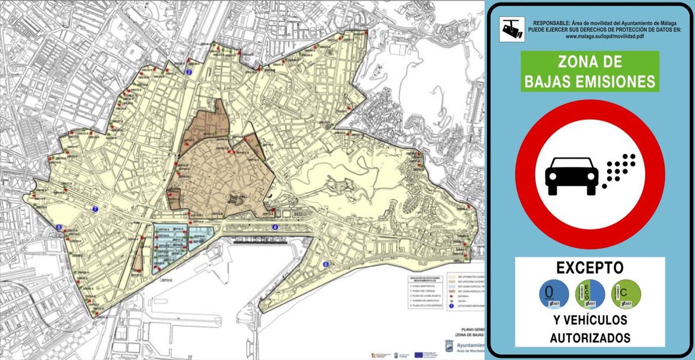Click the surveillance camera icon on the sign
pyautogui.click(x=511, y=29)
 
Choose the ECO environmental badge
pyautogui.click(x=590, y=294)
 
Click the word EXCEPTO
pyautogui.click(x=590, y=268)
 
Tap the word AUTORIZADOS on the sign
pyautogui.click(x=590, y=337)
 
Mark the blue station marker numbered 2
pyautogui.click(x=189, y=72)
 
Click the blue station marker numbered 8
pyautogui.click(x=58, y=228)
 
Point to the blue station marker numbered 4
pyautogui.click(x=275, y=227)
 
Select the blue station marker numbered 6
pyautogui.click(x=325, y=265)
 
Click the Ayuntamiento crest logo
pyautogui.click(x=449, y=346)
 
